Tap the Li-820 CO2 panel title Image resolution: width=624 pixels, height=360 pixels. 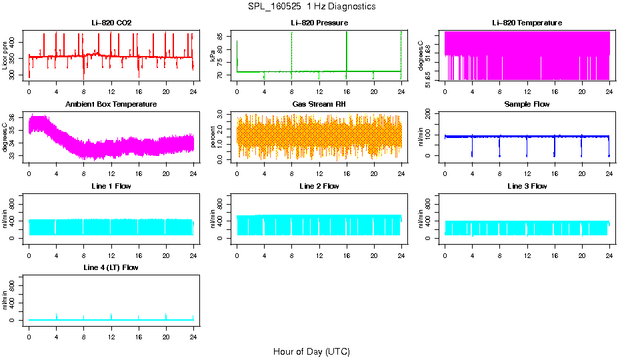point(111,23)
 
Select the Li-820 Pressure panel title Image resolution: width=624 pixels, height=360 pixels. point(319,23)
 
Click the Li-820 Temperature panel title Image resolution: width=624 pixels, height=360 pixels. point(527,23)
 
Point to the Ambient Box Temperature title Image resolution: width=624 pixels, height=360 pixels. point(111,105)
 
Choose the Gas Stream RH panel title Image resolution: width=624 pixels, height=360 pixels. point(319,105)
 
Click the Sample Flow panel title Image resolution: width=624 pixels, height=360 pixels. point(527,105)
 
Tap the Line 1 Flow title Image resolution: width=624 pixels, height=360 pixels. point(111,186)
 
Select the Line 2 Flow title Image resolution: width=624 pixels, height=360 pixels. point(319,186)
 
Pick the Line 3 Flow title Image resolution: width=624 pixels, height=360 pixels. point(527,186)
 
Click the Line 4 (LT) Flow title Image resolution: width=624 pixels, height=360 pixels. point(111,267)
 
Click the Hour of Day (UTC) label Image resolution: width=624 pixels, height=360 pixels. point(311,351)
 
